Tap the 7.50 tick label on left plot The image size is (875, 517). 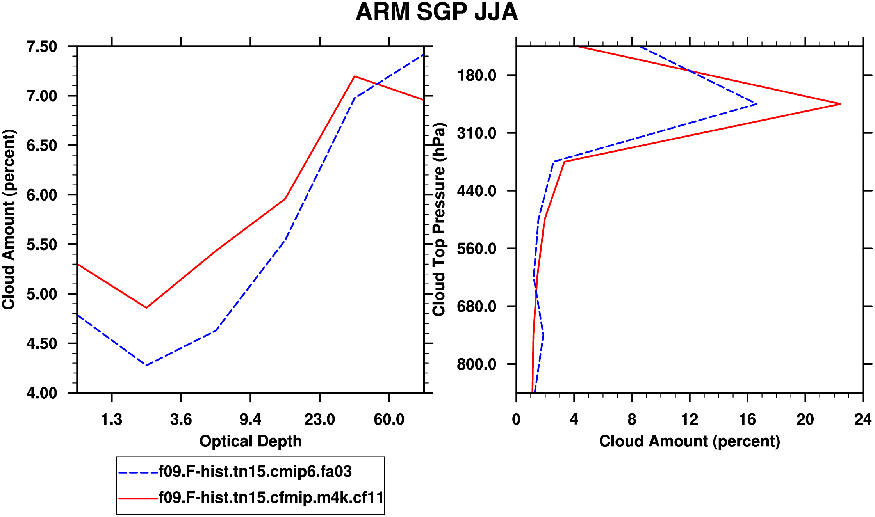point(42,46)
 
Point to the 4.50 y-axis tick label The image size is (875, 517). point(42,344)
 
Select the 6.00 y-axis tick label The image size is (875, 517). point(42,195)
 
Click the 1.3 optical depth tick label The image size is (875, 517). point(112,419)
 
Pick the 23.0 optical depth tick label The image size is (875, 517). point(320,419)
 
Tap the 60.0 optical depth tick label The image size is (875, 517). point(389,419)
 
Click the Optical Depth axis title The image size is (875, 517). point(250,441)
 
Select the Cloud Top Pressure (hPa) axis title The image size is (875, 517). point(439,219)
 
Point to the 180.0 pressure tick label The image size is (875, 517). point(477,75)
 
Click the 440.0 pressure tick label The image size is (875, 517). point(477,191)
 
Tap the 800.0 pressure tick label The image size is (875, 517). point(477,364)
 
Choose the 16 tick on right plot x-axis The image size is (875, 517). point(747,419)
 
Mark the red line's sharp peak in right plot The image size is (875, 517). point(840,104)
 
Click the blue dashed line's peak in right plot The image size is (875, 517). point(756,104)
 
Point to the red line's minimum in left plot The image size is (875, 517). point(146,307)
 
